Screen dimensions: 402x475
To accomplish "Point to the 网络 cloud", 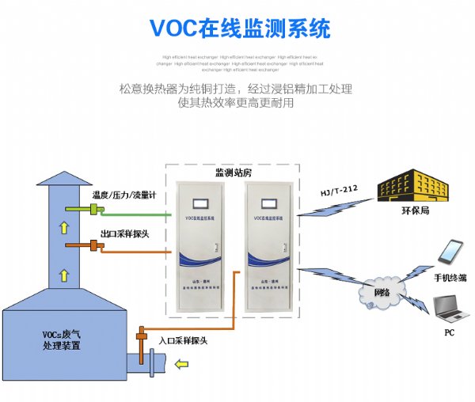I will [x=382, y=291].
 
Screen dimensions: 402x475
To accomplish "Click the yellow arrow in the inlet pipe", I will [x=184, y=364].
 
